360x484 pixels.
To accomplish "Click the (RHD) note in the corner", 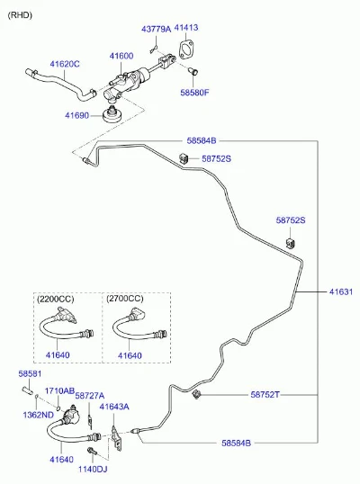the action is point(20,15).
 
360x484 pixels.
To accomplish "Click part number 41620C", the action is point(65,64).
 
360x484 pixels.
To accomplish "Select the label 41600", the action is point(121,56).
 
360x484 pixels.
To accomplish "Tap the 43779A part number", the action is point(156,29).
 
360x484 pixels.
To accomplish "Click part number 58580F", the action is point(194,93).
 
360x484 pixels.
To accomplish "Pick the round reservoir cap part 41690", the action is point(112,115).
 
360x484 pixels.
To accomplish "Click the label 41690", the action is point(76,116).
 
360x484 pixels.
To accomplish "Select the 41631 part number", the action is point(341,291).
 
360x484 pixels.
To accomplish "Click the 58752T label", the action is point(265,394).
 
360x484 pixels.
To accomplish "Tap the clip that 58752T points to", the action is point(195,394).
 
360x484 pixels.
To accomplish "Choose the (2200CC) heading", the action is point(55,299).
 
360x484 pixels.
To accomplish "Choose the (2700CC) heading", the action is point(125,299).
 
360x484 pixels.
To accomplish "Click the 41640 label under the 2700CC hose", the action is point(130,355).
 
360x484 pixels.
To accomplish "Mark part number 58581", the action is point(30,374).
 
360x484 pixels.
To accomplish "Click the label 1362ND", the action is point(39,415).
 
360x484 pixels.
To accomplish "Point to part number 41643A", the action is point(114,407).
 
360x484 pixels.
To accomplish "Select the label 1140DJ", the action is point(93,470).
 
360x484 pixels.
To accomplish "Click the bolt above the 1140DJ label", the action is point(92,452).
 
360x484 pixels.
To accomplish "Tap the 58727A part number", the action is point(90,396).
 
